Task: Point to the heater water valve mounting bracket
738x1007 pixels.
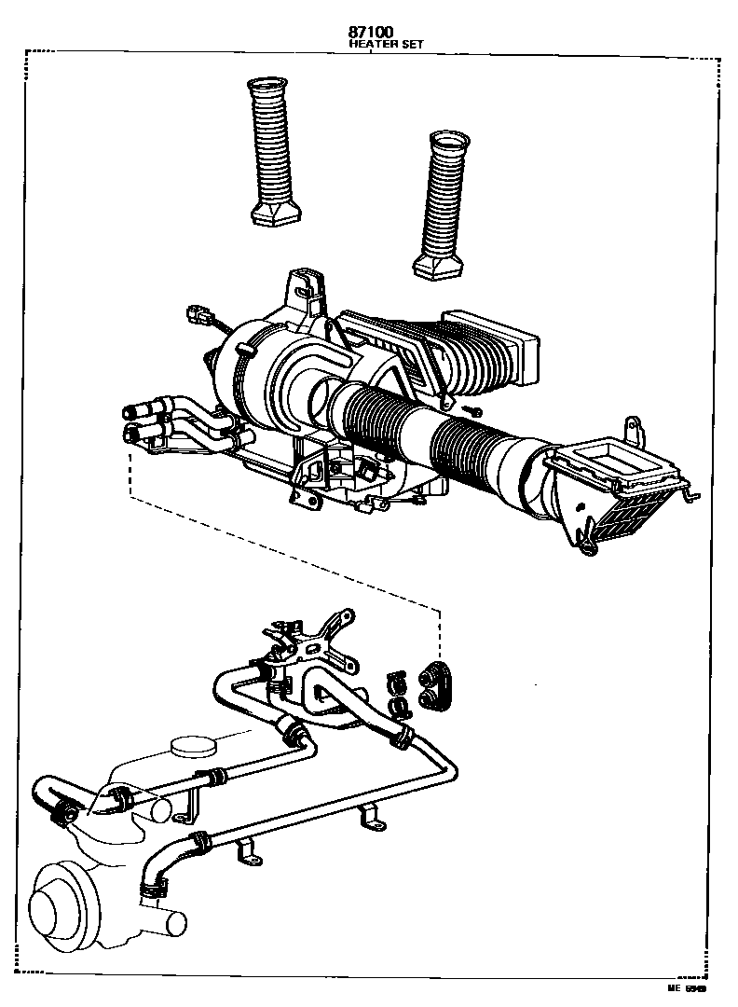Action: (317, 634)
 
